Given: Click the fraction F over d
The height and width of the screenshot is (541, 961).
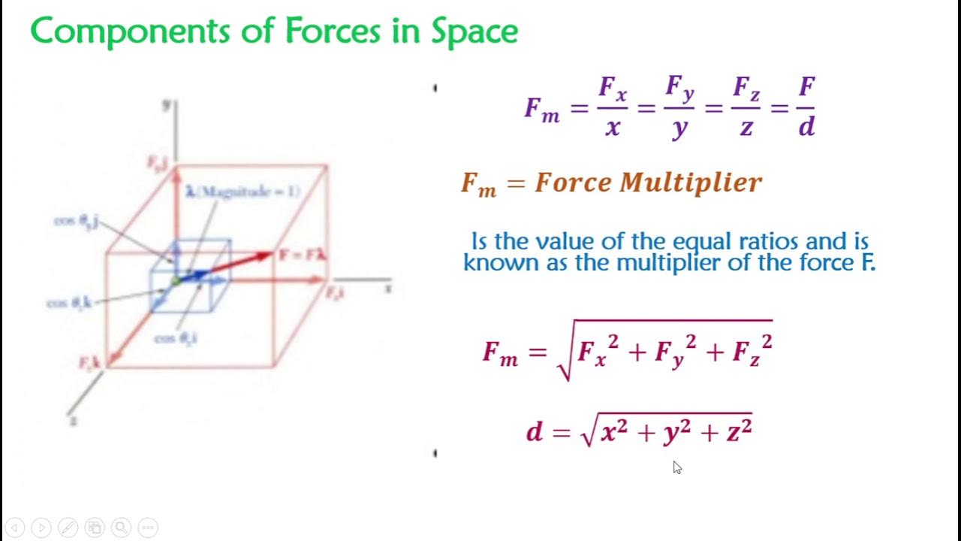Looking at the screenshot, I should coord(806,107).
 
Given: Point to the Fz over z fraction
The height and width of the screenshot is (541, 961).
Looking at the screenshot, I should coord(746,107).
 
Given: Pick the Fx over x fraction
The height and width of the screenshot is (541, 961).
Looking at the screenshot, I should coord(613,107).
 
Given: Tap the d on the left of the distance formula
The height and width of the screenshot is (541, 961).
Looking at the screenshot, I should coord(534,432).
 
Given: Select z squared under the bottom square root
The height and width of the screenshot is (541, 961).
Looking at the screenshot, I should coord(739,431).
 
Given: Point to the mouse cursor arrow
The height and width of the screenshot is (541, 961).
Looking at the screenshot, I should coord(677,467).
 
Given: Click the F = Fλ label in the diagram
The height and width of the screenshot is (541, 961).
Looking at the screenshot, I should coord(302,255).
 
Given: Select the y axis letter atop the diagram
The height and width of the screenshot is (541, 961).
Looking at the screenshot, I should coord(167,105).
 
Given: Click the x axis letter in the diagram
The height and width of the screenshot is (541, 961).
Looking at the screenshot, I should coord(388,288).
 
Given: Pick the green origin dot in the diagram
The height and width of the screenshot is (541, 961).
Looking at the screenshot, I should coord(175,281).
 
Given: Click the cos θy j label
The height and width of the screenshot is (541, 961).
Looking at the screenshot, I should coord(77,222).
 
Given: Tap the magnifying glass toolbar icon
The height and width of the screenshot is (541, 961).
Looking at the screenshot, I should coord(121,527).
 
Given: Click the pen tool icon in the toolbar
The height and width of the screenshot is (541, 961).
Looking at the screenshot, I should coord(68,527).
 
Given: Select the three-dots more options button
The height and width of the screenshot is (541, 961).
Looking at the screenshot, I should coord(148,527).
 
